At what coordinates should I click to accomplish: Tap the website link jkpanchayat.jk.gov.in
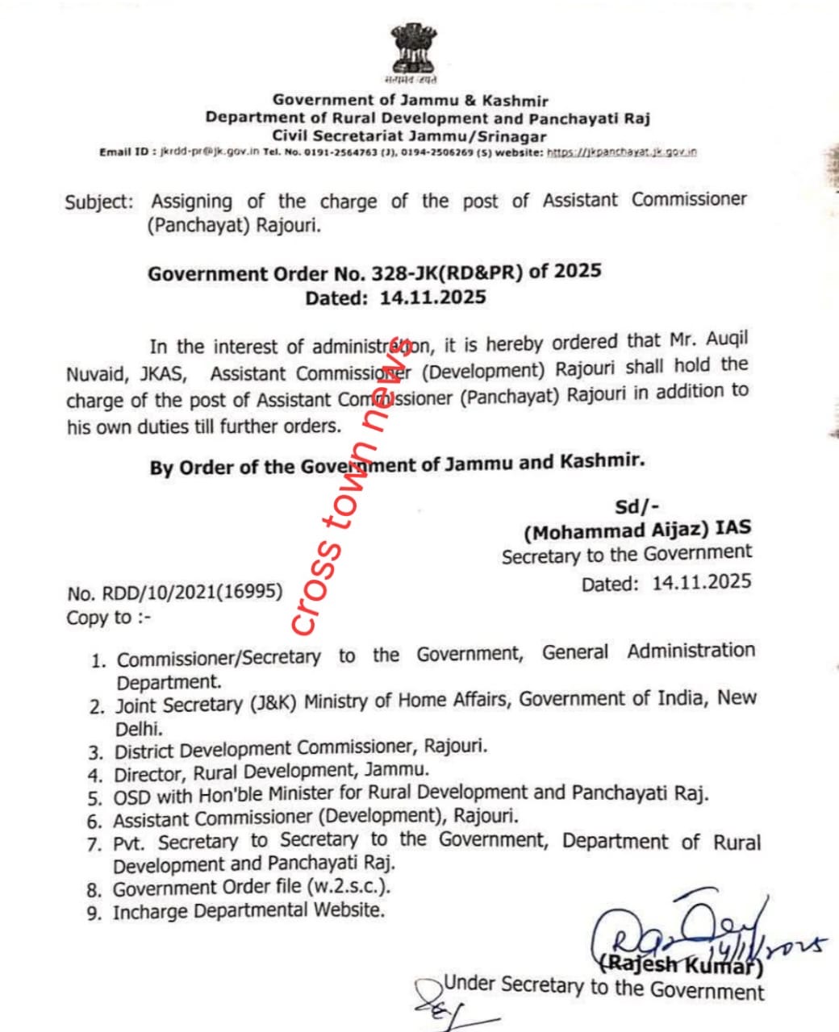(x=622, y=152)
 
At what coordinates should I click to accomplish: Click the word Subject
(x=98, y=202)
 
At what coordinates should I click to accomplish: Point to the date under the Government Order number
(x=432, y=298)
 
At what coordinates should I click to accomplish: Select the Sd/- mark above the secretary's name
(x=637, y=506)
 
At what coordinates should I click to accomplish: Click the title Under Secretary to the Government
(x=603, y=987)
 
